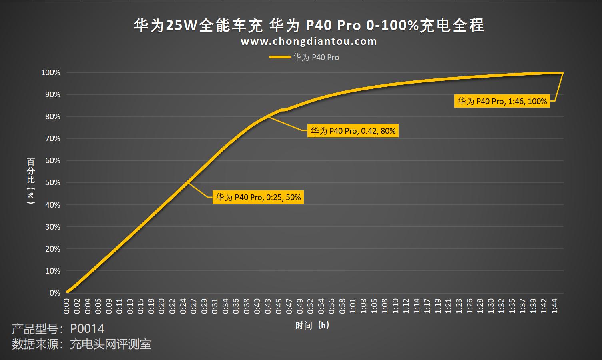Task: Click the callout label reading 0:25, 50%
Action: click(258, 197)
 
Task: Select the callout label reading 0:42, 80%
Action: click(353, 131)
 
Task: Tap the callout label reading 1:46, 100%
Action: click(502, 101)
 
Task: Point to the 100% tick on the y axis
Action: click(51, 73)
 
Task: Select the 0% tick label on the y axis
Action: click(55, 293)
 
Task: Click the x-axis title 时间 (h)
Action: click(312, 325)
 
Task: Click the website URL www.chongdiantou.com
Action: click(309, 42)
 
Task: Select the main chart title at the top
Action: click(309, 25)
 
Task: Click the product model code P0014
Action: click(87, 329)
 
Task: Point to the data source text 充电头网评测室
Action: click(110, 344)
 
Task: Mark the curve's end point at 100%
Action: click(562, 73)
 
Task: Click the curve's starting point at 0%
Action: click(67, 292)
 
